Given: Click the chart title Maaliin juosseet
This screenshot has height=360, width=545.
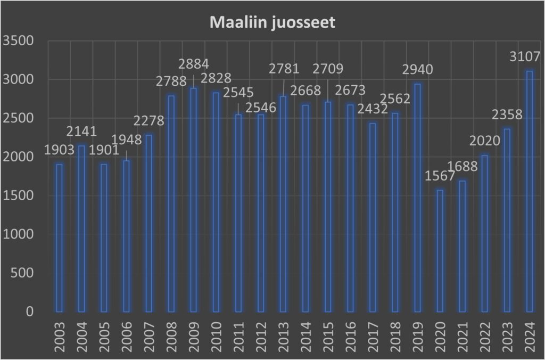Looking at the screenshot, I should (272, 23).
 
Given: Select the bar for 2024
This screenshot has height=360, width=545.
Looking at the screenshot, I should (530, 192).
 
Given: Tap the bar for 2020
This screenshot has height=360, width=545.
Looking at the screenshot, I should (440, 250).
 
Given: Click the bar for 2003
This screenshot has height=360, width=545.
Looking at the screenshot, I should (59, 238).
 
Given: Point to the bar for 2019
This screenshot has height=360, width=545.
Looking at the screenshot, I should (417, 198).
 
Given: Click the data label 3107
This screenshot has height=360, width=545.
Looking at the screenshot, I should (525, 57).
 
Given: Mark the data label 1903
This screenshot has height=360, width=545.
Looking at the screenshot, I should (59, 150).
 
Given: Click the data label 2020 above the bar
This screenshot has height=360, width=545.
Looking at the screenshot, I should (485, 141).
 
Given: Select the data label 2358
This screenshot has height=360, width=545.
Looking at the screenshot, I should (507, 115).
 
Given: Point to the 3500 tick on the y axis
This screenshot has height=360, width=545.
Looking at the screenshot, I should (18, 41).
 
